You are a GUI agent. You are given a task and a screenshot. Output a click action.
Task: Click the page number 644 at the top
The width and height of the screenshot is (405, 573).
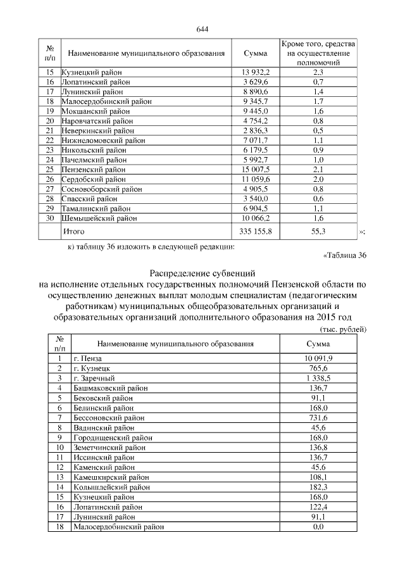[x=202, y=28]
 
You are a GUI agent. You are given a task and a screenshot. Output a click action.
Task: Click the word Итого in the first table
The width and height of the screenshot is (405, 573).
[x=74, y=232]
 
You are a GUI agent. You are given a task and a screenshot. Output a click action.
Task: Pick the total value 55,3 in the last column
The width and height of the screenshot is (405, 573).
[x=319, y=232]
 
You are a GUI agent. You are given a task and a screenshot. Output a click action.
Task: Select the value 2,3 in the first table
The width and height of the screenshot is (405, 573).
[x=319, y=73]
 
